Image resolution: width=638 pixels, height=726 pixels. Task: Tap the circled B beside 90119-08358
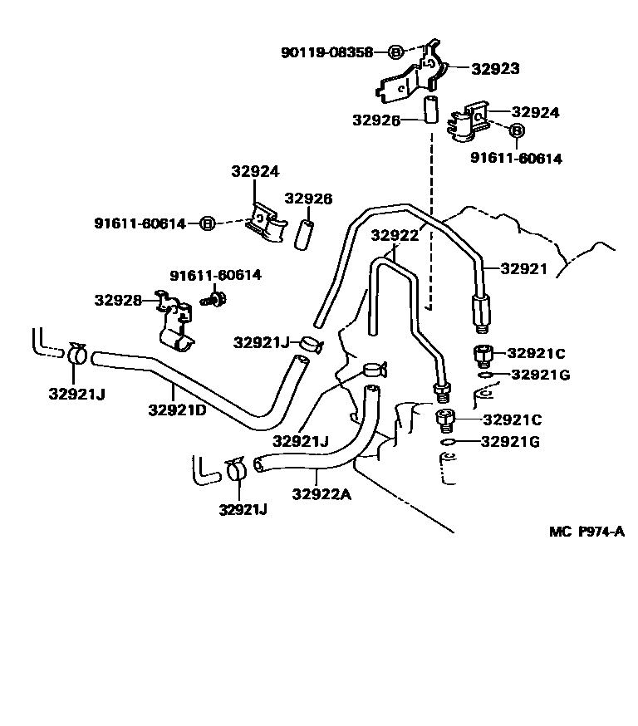tap(396, 52)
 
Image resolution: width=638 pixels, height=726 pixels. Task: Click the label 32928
tap(117, 300)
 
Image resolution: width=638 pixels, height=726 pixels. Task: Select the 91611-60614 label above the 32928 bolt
tap(215, 275)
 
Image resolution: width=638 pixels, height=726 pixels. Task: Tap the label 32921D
tap(177, 410)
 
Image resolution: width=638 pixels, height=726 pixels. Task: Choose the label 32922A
tap(321, 495)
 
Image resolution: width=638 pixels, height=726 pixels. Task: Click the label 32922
tap(395, 235)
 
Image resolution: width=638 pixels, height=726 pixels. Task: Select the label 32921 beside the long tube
tap(523, 268)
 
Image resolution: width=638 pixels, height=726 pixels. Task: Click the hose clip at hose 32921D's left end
tap(76, 354)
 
